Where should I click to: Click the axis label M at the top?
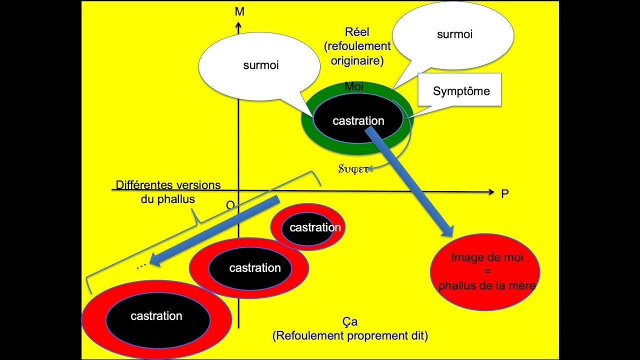coord(239,11)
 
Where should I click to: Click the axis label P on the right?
coord(505,194)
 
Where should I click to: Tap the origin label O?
coord(230,205)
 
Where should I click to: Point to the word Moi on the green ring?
coord(354,87)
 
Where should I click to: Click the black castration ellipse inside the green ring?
coord(358,120)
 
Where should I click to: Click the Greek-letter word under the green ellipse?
coord(353,168)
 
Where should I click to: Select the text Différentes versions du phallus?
coord(168,191)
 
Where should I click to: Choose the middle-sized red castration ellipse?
coord(250,268)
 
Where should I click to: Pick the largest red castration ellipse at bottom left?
coord(156,316)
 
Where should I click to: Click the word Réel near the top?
coord(356,32)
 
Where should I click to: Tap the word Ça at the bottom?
coord(350,322)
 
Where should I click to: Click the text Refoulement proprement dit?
coord(350,336)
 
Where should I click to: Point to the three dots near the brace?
coord(141,266)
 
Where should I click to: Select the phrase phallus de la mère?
coord(486,286)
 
